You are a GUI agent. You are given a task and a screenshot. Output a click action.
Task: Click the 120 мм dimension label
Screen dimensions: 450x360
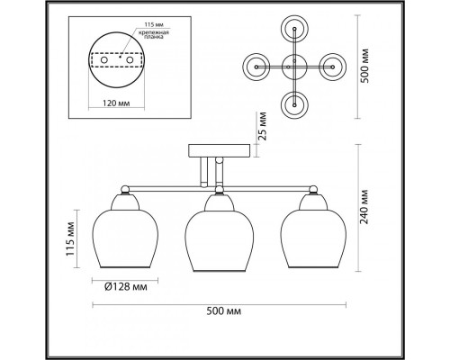[116, 103]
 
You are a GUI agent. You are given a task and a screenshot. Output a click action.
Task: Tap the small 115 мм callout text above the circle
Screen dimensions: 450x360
[154, 24]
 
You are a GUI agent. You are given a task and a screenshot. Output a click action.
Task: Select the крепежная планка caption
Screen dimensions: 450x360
[154, 35]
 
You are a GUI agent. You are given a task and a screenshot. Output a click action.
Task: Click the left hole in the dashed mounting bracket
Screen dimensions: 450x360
[104, 60]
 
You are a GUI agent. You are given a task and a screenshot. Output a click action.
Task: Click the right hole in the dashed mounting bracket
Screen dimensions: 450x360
[130, 60]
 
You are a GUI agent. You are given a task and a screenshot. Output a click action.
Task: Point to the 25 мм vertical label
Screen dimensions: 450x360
[263, 126]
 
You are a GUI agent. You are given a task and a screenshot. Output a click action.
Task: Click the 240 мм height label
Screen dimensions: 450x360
[364, 207]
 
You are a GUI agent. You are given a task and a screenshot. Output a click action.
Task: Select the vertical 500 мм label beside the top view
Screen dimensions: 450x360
[364, 66]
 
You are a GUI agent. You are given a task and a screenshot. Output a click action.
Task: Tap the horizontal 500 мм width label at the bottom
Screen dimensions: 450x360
[224, 311]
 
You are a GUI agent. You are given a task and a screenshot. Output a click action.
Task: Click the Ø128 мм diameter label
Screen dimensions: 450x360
[126, 287]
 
